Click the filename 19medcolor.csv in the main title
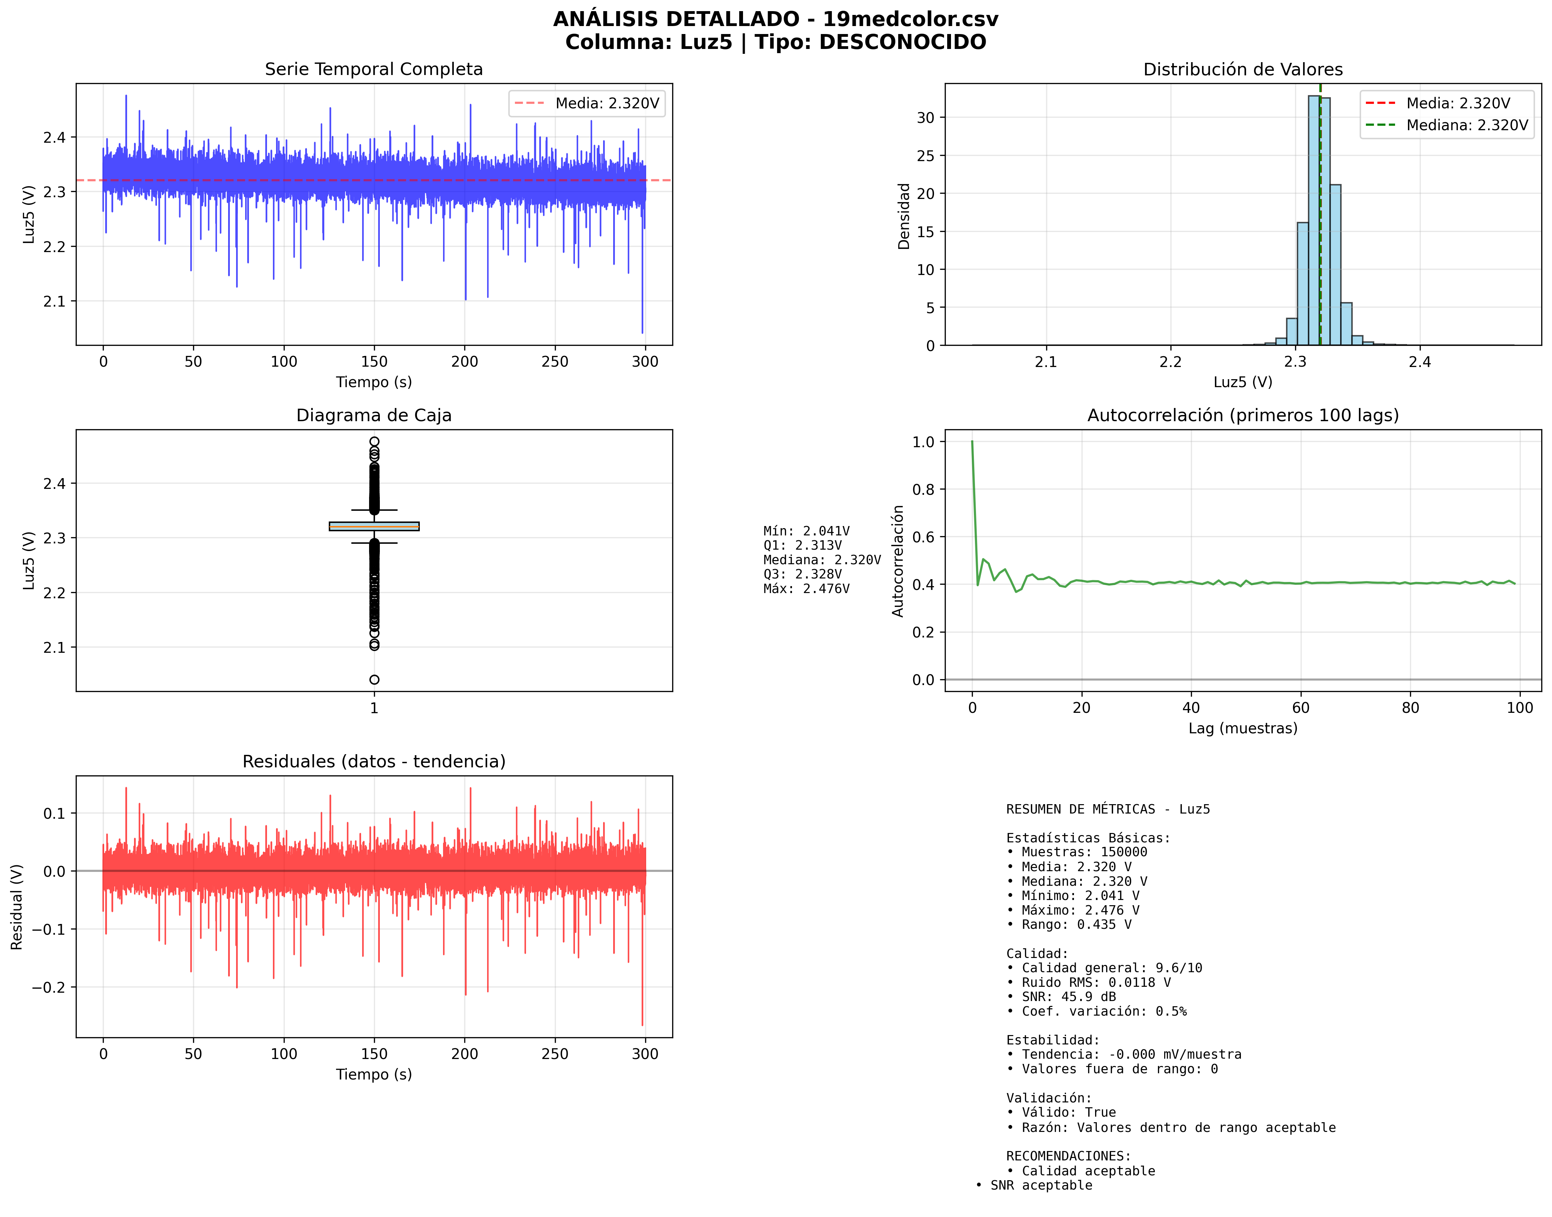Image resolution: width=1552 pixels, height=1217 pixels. point(910,19)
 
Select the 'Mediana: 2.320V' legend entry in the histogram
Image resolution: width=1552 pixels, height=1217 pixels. point(1467,125)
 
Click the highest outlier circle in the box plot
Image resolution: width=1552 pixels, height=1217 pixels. point(374,442)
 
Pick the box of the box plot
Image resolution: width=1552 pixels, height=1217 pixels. point(374,527)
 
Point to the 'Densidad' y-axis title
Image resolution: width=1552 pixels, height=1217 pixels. point(903,216)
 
